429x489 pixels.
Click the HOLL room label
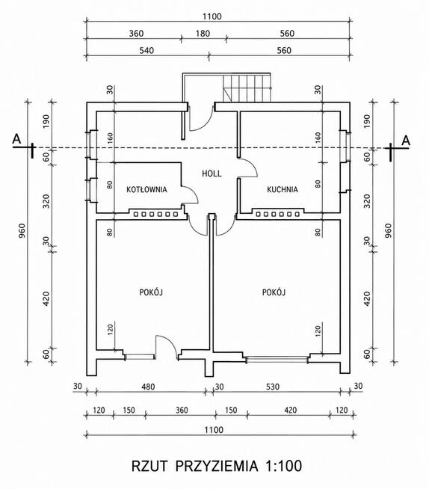(x=212, y=173)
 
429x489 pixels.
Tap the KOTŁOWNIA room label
(x=146, y=189)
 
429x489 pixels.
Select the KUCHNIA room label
(x=283, y=189)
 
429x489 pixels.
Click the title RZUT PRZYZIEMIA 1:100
(x=217, y=466)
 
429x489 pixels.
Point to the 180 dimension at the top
(x=203, y=34)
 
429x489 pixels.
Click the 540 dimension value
(x=146, y=50)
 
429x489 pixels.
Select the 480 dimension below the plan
(x=148, y=387)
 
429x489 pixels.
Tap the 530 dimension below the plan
(x=273, y=387)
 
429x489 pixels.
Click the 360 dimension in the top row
(x=136, y=34)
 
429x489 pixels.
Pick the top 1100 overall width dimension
(x=212, y=16)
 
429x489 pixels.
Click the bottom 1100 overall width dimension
(x=214, y=430)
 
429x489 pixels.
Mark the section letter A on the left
(x=17, y=139)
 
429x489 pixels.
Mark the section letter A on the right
(x=406, y=141)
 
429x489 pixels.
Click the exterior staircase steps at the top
(x=247, y=88)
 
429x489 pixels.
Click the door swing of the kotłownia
(x=190, y=194)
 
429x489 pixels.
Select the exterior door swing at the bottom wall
(x=167, y=347)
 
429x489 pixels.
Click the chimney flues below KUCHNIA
(x=278, y=215)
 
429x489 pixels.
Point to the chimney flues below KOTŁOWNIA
(x=156, y=215)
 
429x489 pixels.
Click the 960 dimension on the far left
(x=22, y=231)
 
